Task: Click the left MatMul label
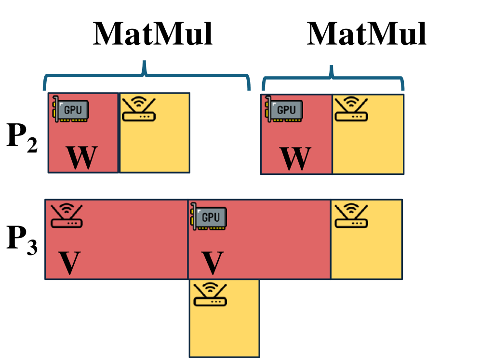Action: coord(153,35)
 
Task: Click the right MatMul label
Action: coord(367,35)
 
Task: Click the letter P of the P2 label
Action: coord(17,137)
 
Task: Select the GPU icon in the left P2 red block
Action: coord(70,108)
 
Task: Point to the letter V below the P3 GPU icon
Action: coord(212,263)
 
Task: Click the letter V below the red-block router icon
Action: coord(70,263)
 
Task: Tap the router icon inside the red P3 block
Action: coord(67,216)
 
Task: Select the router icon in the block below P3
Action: coord(210,294)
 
